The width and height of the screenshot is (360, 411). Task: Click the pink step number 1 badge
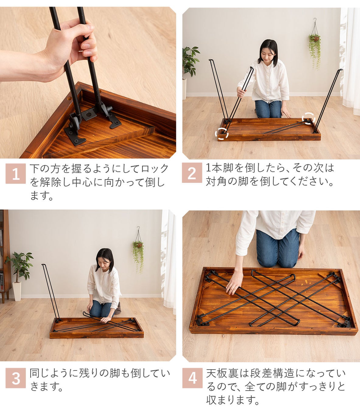16,174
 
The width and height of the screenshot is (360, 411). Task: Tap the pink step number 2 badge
192,173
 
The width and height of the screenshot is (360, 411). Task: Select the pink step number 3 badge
16,378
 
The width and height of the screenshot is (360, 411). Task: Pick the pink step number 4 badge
192,378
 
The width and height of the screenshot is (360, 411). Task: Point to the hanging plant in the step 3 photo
138,251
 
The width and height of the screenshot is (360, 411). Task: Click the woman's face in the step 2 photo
266,54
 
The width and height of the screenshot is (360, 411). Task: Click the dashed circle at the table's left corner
222,134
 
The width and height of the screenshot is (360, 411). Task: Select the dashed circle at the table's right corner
309,118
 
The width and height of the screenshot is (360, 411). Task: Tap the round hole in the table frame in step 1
69,99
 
